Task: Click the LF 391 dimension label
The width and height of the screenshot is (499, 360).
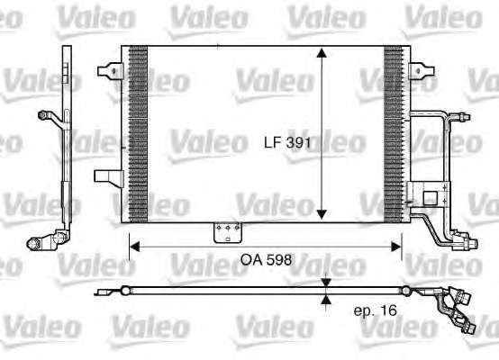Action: pyautogui.click(x=287, y=142)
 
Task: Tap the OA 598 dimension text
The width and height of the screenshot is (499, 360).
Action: pyautogui.click(x=266, y=260)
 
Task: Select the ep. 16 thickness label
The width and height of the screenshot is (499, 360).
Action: pyautogui.click(x=376, y=310)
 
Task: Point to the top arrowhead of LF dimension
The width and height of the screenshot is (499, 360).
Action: pyautogui.click(x=322, y=53)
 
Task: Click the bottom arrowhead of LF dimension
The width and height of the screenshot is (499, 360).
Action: pyautogui.click(x=322, y=215)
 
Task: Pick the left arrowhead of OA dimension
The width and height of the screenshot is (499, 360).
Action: pyautogui.click(x=135, y=247)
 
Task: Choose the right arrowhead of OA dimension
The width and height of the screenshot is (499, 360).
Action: pyautogui.click(x=396, y=247)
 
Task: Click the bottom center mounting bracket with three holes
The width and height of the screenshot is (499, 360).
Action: pyautogui.click(x=228, y=232)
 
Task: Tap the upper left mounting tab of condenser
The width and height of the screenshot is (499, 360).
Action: pyautogui.click(x=110, y=70)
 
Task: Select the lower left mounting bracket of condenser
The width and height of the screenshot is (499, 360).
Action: pyautogui.click(x=108, y=178)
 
